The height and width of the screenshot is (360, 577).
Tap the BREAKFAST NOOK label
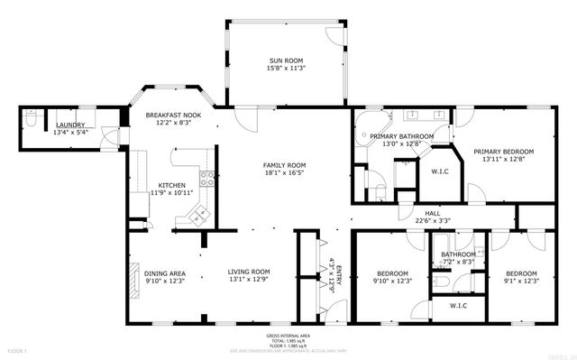(173, 115)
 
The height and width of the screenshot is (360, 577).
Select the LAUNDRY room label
(70, 125)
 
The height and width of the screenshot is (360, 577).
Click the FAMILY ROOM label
(285, 165)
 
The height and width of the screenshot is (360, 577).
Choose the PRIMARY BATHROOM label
(402, 136)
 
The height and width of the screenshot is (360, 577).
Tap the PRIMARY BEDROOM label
(504, 152)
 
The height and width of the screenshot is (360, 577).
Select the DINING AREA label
(165, 272)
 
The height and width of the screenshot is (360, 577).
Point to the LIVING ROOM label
(249, 272)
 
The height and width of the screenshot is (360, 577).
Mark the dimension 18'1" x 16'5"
(285, 174)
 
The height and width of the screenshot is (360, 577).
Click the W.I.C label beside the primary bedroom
(441, 171)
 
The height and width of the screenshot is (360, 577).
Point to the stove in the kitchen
(206, 178)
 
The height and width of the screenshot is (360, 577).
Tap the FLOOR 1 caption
(17, 348)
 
